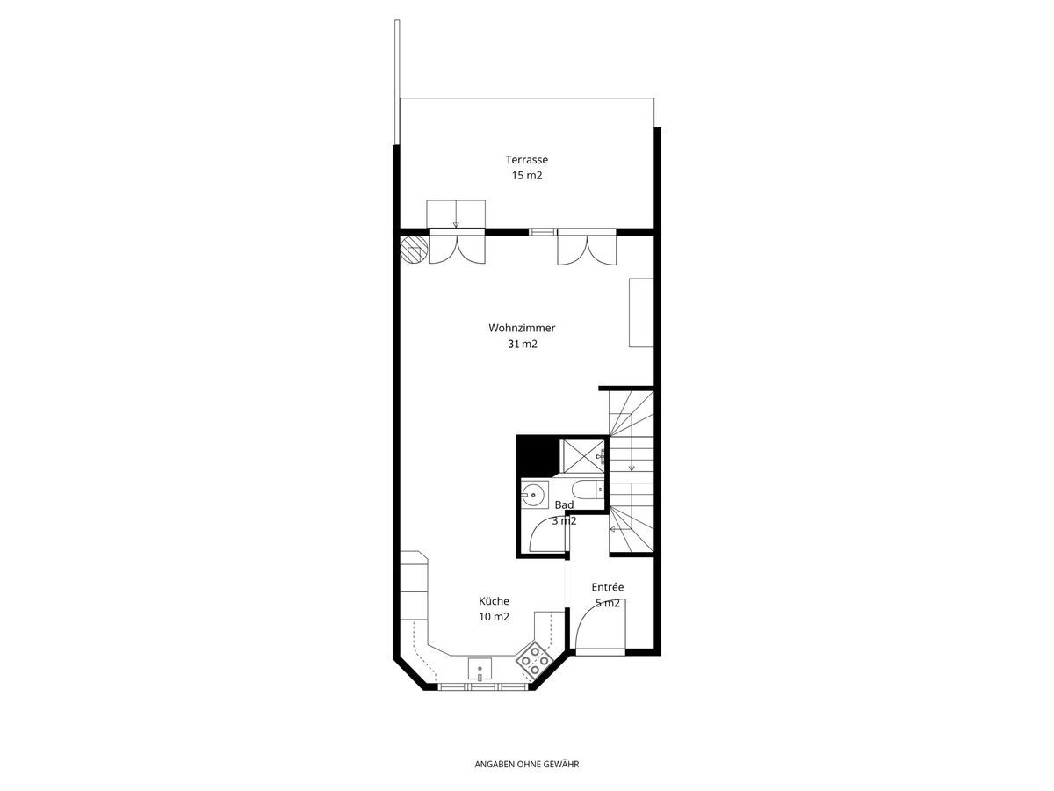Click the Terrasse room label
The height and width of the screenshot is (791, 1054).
tap(526, 159)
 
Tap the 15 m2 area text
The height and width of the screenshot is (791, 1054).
tap(526, 175)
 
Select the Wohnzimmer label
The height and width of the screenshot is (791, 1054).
tap(522, 328)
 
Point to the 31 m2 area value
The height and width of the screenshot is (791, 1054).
tap(522, 344)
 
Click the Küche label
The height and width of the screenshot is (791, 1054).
tap(494, 601)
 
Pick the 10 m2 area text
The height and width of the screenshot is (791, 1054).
tap(494, 617)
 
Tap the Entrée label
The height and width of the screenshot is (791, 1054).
tap(608, 587)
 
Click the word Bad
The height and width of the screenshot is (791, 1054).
tap(564, 504)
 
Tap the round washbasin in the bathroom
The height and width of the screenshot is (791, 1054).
tap(534, 495)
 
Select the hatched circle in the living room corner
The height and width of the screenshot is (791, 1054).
tap(414, 249)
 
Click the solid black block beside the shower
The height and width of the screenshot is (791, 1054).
tap(537, 454)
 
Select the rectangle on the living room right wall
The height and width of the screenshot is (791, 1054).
tap(641, 312)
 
